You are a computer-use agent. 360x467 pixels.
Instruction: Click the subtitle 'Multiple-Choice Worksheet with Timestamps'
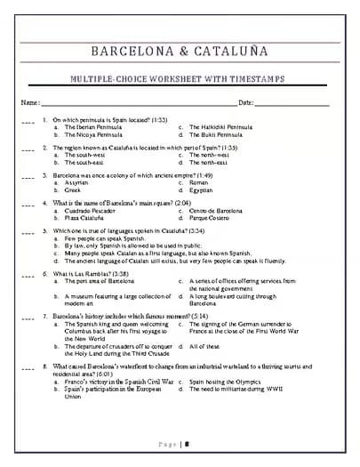pyautogui.click(x=180, y=79)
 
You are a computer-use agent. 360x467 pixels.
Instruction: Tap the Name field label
pyautogui.click(x=29, y=103)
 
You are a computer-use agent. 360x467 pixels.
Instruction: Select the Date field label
pyautogui.click(x=246, y=103)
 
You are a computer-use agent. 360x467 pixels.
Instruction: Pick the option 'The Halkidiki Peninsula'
pyautogui.click(x=220, y=127)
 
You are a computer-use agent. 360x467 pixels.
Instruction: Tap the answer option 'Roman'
pyautogui.click(x=198, y=182)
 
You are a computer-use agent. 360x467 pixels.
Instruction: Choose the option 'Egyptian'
pyautogui.click(x=201, y=190)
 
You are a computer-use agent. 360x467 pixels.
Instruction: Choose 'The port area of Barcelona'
pyautogui.click(x=98, y=281)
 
